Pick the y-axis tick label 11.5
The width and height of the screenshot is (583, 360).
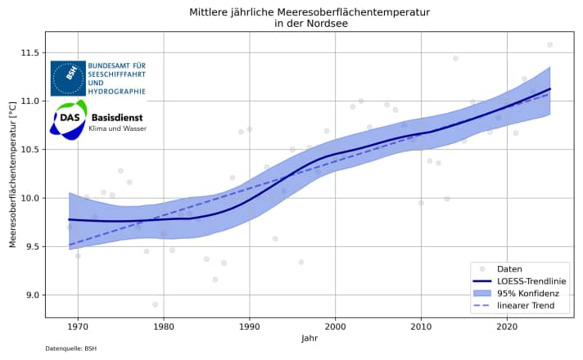tap(31, 53)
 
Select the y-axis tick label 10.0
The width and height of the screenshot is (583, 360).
tap(31, 198)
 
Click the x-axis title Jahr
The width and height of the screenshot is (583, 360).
tap(309, 338)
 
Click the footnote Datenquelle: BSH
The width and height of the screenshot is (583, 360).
tap(71, 349)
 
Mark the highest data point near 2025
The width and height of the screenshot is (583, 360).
tap(549, 44)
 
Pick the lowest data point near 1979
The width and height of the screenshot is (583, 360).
tap(155, 304)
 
